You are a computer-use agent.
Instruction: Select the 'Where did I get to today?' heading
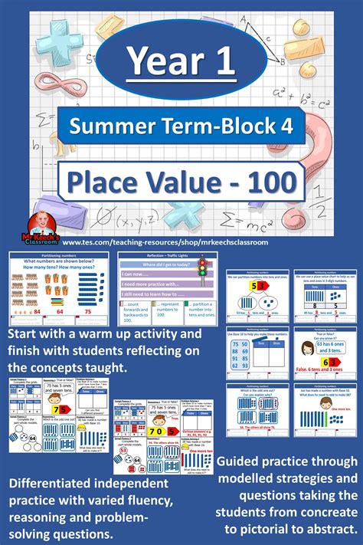tap(157, 263)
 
